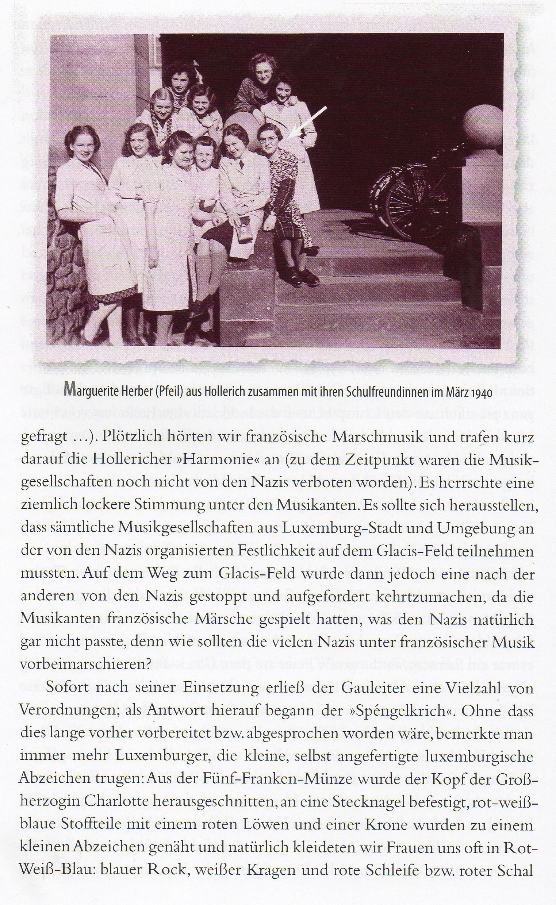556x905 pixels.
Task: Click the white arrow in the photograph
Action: (308, 122)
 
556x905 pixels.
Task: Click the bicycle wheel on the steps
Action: (412, 206)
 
